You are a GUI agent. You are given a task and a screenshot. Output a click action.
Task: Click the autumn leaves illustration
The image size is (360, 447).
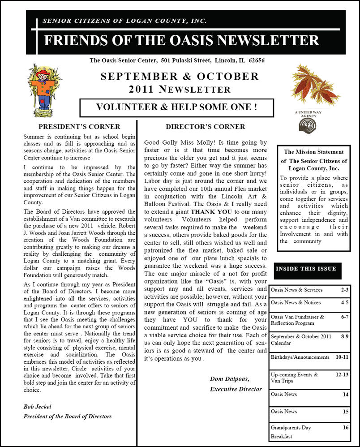[315, 84]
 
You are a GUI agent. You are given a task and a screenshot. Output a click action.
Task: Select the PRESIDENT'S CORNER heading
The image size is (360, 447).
[79, 127]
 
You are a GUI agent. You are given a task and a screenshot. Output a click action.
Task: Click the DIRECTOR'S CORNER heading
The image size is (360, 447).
[205, 127]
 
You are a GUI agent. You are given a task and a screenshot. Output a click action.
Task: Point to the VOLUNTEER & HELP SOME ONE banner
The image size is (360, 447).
[177, 107]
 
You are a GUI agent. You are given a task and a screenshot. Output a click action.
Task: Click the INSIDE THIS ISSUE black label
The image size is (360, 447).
[306, 269]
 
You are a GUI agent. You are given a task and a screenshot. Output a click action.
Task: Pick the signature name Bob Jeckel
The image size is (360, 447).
[37, 406]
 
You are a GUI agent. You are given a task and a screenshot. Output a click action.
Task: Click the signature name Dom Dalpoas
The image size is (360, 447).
[229, 379]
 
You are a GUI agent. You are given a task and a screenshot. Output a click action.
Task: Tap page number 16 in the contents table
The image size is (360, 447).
[346, 428]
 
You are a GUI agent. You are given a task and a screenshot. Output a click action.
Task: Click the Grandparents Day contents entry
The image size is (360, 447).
[291, 428]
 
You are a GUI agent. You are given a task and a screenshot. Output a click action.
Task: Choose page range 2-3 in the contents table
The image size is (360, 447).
[344, 290]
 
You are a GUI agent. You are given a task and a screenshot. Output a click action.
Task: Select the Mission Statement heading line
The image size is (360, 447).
[314, 152]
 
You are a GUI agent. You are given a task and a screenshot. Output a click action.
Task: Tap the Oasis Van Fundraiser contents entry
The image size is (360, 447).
[297, 317]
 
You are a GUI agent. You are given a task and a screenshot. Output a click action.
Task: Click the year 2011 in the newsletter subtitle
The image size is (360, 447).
[141, 89]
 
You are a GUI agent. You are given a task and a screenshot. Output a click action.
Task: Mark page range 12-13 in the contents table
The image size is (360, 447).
[343, 374]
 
